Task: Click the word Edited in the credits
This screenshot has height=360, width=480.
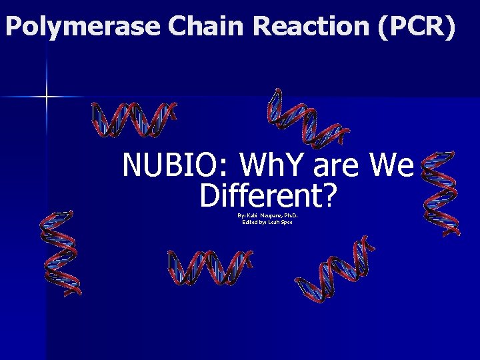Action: (x=251, y=222)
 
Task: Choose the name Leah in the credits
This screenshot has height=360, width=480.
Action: (x=273, y=222)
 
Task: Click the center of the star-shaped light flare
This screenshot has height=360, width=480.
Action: (x=47, y=97)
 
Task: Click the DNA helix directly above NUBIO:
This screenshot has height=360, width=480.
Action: (x=133, y=119)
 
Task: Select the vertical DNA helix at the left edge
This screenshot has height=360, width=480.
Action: (x=60, y=253)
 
